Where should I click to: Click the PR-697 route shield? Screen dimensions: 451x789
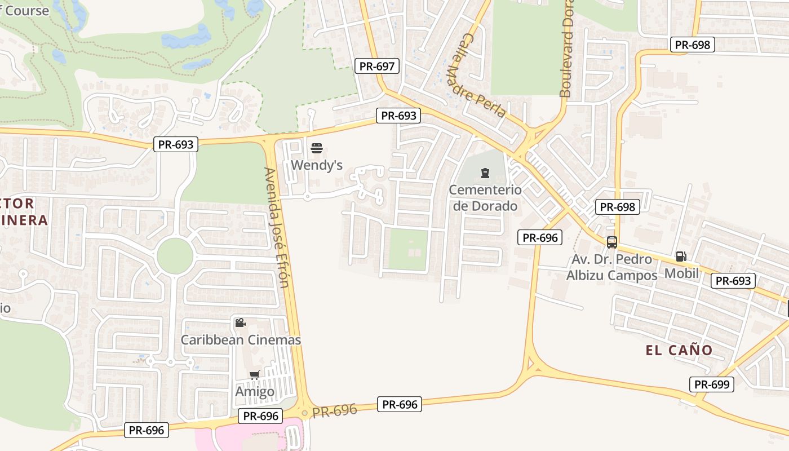pos(377,66)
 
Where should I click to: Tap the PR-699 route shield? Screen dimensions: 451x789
pos(712,384)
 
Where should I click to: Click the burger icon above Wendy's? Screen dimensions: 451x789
pos(317,148)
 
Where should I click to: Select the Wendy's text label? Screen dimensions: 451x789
pos(317,165)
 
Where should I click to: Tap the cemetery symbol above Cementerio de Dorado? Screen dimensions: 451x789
pos(485,173)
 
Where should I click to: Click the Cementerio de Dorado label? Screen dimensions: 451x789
pos(485,198)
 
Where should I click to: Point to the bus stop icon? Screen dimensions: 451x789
pos(612,242)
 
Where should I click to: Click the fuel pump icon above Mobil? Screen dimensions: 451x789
pos(681,257)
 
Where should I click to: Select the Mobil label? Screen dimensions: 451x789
pos(681,273)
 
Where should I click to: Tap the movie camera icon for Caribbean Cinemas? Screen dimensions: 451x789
pos(240,322)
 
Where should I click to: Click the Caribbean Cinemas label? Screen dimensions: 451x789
pos(241,340)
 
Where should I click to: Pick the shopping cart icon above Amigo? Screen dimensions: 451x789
pos(254,375)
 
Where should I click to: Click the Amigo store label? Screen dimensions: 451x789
pos(255,391)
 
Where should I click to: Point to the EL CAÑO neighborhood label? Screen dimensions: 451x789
pos(679,350)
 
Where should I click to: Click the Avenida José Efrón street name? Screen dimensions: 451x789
pos(277,227)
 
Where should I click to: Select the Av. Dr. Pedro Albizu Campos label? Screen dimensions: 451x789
pos(612,267)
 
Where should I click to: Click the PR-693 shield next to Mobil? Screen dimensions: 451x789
pos(733,281)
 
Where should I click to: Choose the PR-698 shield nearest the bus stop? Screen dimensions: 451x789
pos(618,207)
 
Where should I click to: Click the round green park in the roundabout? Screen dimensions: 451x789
pos(175,256)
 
